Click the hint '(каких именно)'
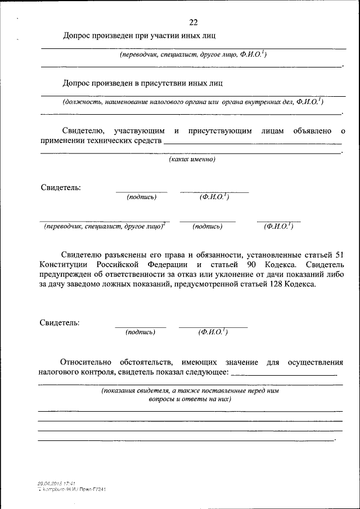click(x=193, y=160)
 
